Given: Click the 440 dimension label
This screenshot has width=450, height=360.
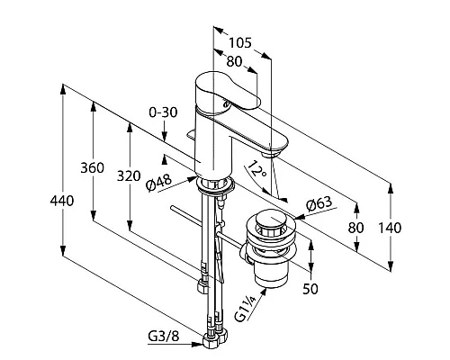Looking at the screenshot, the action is coord(62,201).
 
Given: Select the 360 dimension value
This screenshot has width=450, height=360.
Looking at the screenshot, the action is coord(93,167).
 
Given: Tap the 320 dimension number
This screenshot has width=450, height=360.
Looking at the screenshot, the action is coord(129,175).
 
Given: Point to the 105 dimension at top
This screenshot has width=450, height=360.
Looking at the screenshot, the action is coord(240,43).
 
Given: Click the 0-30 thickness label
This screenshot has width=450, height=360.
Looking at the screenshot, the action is coord(163,112).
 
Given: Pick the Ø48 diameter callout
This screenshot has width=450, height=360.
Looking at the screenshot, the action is coord(159,183).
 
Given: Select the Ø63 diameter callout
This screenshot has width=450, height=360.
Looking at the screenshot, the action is coord(319,204).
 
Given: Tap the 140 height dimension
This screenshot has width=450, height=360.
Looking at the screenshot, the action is coord(390,228).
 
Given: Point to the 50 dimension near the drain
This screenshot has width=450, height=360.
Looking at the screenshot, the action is coord(310,289).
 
